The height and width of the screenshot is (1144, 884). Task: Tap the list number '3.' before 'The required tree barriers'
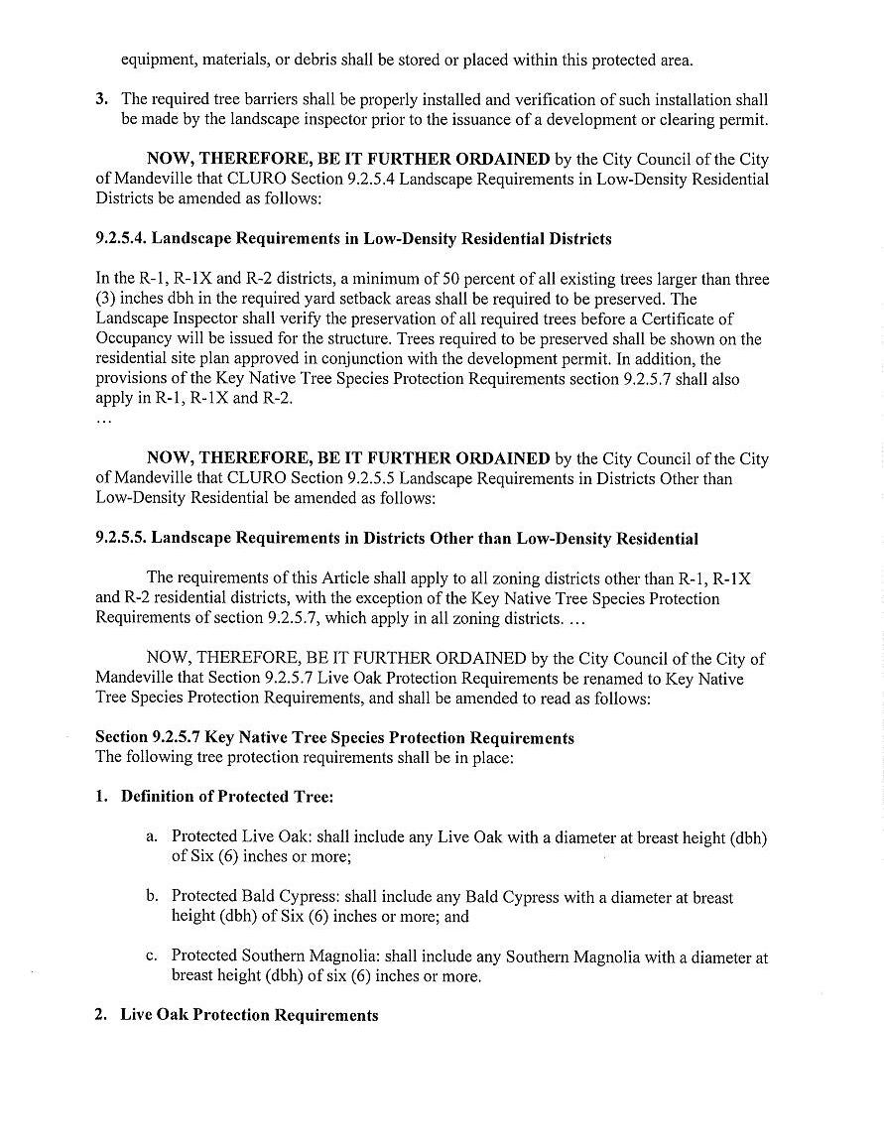pyautogui.click(x=101, y=100)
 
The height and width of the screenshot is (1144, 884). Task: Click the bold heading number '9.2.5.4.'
pyautogui.click(x=121, y=239)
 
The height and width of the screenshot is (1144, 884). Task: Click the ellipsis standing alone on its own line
pyautogui.click(x=103, y=420)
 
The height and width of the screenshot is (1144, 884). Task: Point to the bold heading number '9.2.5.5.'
pyautogui.click(x=121, y=539)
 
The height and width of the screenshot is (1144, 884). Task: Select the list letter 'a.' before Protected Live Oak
pyautogui.click(x=152, y=837)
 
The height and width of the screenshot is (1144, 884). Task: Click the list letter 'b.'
pyautogui.click(x=152, y=897)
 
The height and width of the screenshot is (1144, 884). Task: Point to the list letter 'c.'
pyautogui.click(x=152, y=957)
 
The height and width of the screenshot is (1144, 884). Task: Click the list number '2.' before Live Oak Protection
pyautogui.click(x=101, y=1016)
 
